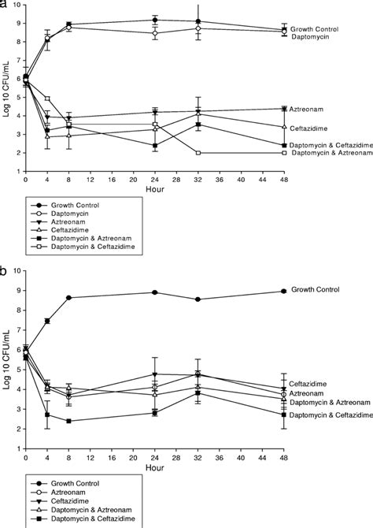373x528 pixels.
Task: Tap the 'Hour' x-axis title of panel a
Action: coord(154,188)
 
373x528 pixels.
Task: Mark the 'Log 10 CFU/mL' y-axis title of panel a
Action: coord(6,93)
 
